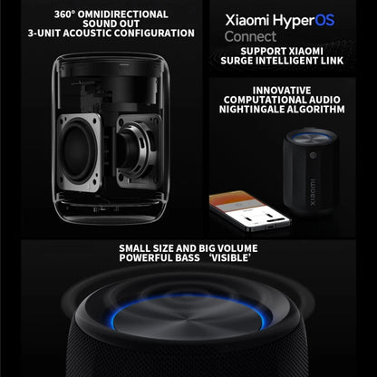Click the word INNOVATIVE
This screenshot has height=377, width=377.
[281, 90]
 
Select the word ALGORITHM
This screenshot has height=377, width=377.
[317, 109]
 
